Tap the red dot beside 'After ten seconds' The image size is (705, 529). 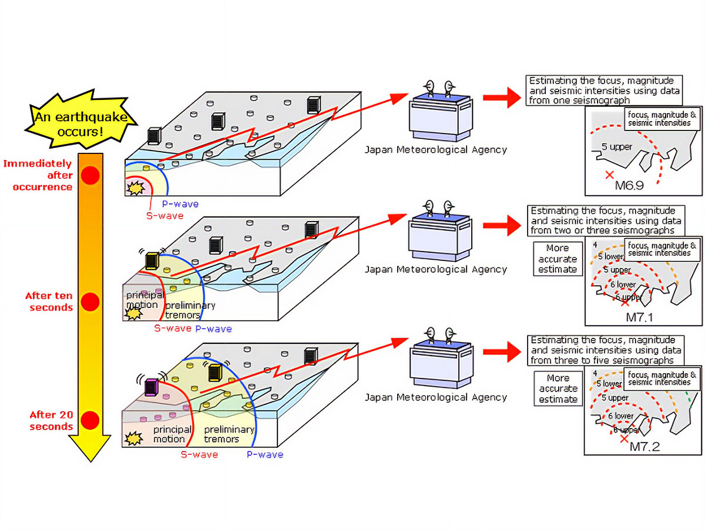click(89, 302)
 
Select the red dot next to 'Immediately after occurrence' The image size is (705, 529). click(89, 175)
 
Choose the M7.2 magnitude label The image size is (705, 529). click(644, 447)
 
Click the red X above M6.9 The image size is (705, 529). click(609, 175)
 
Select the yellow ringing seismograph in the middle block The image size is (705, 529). click(152, 260)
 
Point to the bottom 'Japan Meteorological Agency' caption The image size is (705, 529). click(435, 397)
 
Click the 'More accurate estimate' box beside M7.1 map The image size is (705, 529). click(557, 259)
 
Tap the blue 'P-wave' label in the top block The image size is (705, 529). click(180, 204)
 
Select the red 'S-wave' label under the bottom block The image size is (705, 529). click(198, 454)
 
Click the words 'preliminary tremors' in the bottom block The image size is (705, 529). click(229, 434)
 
